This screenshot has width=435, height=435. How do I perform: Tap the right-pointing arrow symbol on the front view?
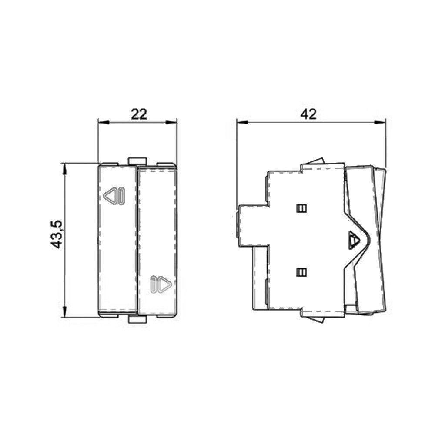[161, 284]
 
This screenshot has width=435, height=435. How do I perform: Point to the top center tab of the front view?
[137, 161]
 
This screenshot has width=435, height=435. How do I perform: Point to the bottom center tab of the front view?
[137, 320]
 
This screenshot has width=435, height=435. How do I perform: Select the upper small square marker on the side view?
[301, 208]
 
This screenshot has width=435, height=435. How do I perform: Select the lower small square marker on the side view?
[301, 273]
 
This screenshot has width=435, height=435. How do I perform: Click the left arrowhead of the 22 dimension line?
[101, 123]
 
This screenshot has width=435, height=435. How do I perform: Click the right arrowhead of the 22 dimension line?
[173, 123]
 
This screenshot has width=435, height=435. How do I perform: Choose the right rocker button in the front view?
[157, 241]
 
